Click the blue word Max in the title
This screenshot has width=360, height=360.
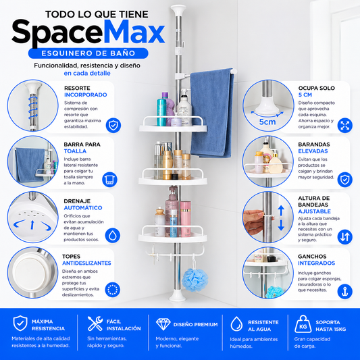click(134, 32)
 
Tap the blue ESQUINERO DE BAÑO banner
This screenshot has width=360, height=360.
click(88, 53)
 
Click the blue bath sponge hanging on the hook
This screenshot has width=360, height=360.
click(195, 280)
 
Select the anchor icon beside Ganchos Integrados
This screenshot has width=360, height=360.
click(345, 291)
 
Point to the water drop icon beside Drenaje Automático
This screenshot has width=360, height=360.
click(113, 236)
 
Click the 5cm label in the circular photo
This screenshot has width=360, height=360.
click(267, 122)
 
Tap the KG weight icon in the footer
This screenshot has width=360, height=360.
click(303, 324)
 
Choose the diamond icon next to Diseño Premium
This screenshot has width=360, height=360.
click(163, 324)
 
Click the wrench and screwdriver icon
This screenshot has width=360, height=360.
click(95, 324)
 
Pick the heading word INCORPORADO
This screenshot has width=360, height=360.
click(85, 95)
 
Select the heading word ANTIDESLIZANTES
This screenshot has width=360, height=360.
click(86, 263)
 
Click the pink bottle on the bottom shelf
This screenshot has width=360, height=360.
click(185, 219)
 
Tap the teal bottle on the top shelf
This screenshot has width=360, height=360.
click(161, 112)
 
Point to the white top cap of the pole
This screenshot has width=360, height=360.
click(178, 10)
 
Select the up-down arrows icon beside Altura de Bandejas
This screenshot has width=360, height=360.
click(345, 236)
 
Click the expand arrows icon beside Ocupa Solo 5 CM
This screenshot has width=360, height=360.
click(345, 126)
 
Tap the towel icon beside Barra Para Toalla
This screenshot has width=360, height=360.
click(109, 179)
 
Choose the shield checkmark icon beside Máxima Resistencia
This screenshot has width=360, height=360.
click(20, 324)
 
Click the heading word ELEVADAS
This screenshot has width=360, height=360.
click(313, 151)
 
